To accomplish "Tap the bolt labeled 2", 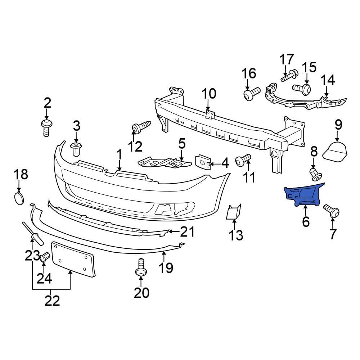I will tap(46, 128).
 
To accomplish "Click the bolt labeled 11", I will tap(243, 160).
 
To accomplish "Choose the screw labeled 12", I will tap(141, 127).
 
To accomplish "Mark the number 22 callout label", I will tap(52, 301).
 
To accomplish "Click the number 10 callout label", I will tap(209, 94).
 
